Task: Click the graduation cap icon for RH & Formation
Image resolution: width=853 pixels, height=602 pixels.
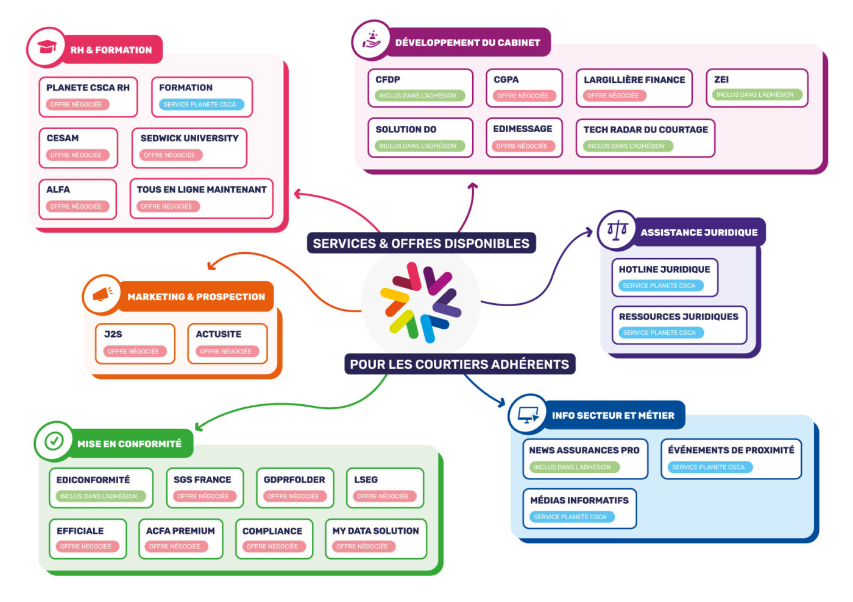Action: tap(46, 47)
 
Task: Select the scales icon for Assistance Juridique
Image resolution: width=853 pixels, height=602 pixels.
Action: tap(617, 230)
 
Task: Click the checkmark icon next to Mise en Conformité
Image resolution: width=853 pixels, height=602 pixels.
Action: tap(54, 441)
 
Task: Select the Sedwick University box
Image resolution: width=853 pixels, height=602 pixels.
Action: tap(189, 147)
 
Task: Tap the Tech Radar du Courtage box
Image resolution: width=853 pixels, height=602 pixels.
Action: tap(645, 138)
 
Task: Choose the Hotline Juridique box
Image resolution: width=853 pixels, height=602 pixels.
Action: tap(664, 277)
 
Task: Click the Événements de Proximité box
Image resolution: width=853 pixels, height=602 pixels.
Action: tap(731, 458)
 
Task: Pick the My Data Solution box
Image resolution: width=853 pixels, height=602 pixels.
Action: tap(375, 538)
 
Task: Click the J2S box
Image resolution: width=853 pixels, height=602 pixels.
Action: tap(135, 343)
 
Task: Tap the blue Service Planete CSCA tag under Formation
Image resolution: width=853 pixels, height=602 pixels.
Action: tap(200, 105)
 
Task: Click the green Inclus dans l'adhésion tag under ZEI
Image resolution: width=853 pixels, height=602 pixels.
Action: tap(755, 95)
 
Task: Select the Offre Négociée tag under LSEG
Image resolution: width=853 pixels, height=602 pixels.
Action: tap(383, 496)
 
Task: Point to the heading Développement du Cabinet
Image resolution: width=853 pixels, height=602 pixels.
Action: tap(467, 43)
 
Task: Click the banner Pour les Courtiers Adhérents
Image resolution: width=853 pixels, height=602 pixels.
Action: tap(459, 364)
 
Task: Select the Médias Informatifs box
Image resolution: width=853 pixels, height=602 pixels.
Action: tap(579, 508)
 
